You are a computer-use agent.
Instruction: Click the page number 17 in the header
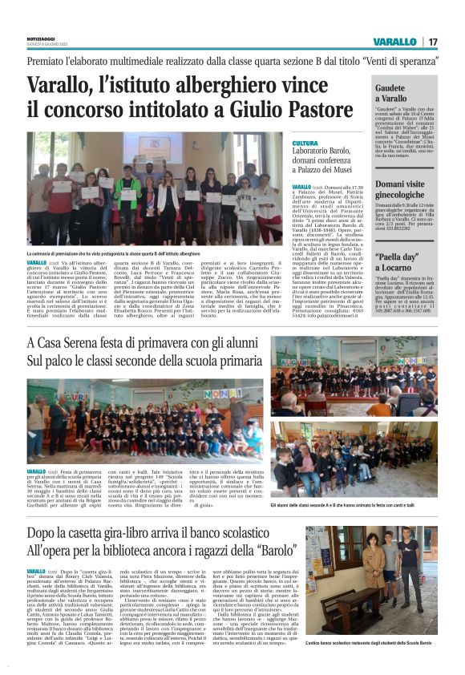pos(433,42)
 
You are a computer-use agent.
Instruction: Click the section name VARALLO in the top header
pos(394,42)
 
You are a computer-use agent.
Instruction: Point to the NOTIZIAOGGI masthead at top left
pos(39,37)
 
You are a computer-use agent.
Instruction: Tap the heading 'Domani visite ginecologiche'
pos(408,189)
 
